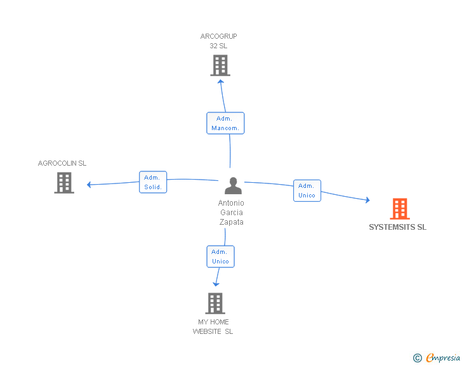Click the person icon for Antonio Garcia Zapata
234,186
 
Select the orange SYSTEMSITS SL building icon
399,208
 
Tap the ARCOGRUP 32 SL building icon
220,65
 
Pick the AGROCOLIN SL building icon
64,183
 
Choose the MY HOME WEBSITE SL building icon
215,303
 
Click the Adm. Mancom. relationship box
225,123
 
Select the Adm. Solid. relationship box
153,182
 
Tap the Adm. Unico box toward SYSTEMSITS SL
307,190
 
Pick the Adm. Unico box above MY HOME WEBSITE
220,256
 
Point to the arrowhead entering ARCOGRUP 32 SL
220,81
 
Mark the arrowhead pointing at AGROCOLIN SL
89,185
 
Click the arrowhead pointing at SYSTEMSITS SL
367,201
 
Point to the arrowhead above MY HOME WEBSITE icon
216,284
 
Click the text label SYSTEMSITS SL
398,227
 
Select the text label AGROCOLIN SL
62,163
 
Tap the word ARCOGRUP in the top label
219,36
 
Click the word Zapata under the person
232,222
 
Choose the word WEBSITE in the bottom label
208,331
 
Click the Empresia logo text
443,358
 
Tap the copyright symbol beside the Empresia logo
418,358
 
